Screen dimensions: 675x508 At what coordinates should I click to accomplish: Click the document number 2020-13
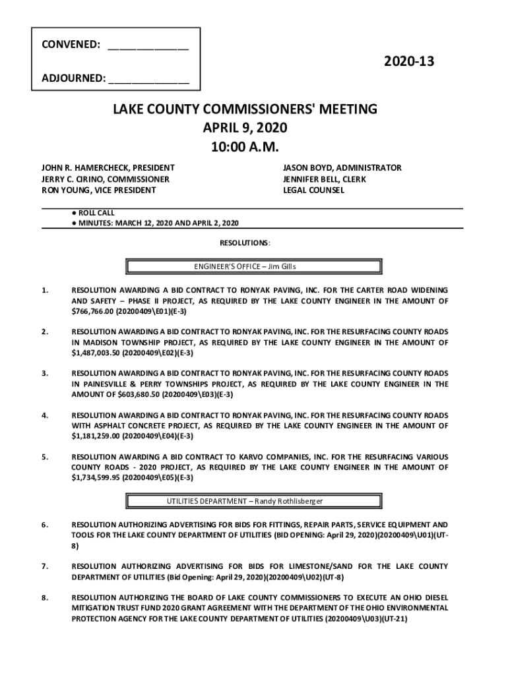coord(409,62)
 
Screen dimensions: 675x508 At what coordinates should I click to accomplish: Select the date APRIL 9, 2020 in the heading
coord(244,127)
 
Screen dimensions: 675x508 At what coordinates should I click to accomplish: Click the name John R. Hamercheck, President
coord(109,168)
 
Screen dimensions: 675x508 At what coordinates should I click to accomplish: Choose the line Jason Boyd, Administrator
coord(342,168)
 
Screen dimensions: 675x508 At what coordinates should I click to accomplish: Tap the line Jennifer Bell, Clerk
coord(324,179)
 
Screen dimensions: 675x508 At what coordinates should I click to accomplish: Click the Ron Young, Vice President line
coord(100,191)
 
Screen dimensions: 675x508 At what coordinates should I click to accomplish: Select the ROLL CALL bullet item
coord(96,213)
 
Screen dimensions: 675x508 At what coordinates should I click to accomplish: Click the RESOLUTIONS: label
coord(244,243)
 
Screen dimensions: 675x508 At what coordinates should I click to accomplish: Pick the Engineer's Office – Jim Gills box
coord(253,266)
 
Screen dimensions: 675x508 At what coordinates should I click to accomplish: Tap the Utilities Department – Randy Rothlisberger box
coord(253,501)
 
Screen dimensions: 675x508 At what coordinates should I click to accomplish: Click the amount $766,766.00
coord(92,311)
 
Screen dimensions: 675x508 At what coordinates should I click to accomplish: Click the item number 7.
coord(44,566)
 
